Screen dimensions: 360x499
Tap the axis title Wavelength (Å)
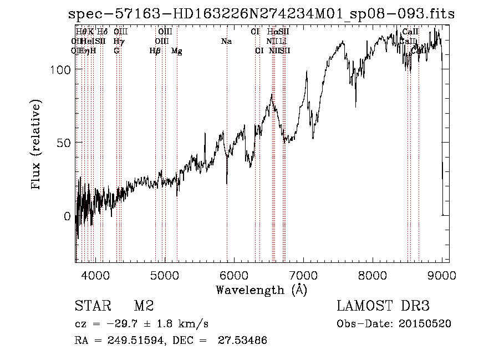(x=261, y=290)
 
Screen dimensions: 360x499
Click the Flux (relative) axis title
(x=37, y=145)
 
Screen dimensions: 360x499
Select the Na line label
(x=226, y=42)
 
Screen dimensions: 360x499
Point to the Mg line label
(x=176, y=51)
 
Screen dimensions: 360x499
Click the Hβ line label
(x=155, y=51)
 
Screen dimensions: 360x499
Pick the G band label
(x=116, y=51)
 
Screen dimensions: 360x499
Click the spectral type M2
(x=144, y=306)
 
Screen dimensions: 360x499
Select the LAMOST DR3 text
(x=383, y=306)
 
